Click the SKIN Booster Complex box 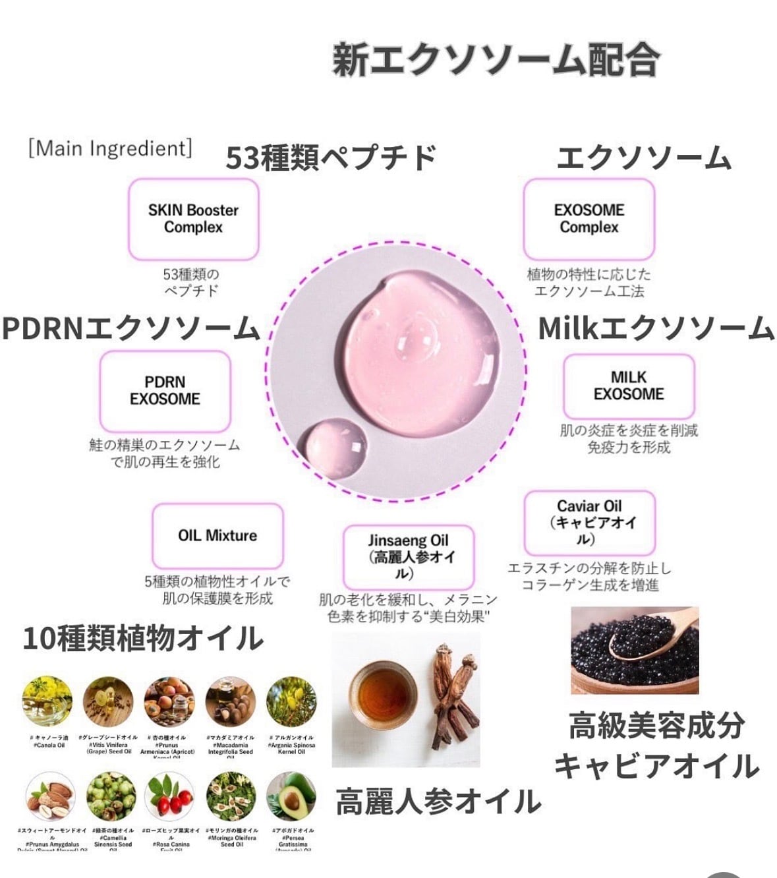click(x=193, y=219)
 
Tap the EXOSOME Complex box click(x=589, y=219)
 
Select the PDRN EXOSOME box click(x=165, y=391)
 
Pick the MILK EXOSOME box click(x=629, y=386)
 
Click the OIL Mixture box click(x=217, y=535)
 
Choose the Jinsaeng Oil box click(x=408, y=557)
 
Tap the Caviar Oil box click(x=589, y=523)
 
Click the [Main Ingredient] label click(x=110, y=148)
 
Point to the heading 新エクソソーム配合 click(x=496, y=60)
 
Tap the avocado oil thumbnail click(x=291, y=796)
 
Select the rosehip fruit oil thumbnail click(x=169, y=796)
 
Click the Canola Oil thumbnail click(x=47, y=701)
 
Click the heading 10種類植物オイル click(x=143, y=638)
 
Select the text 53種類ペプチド click(x=331, y=158)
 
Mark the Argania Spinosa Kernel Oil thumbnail click(x=291, y=701)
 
